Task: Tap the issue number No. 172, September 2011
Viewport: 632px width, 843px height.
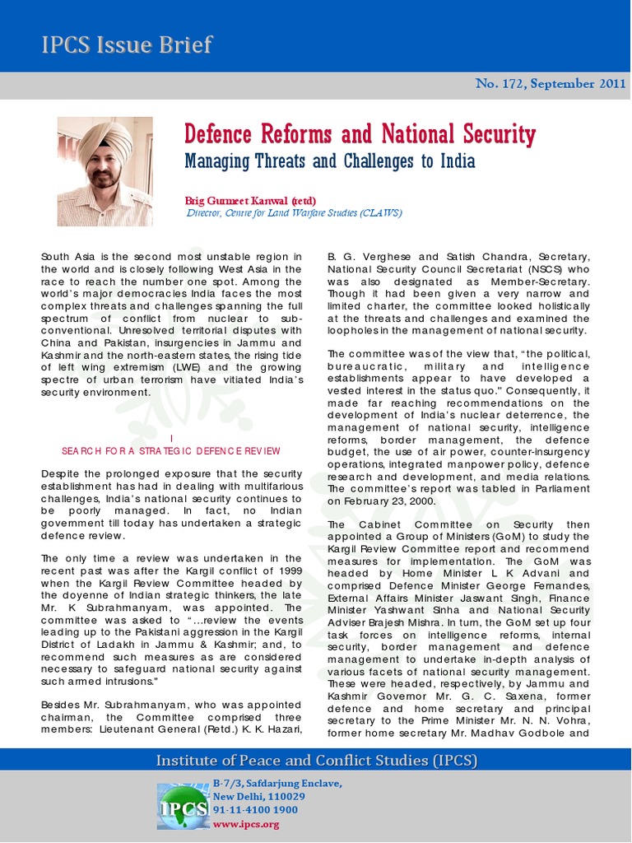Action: [551, 84]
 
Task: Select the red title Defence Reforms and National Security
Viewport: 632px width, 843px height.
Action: [360, 133]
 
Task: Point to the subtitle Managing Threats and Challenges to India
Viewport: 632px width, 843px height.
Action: [330, 160]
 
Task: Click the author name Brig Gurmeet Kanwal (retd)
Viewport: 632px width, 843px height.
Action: [250, 200]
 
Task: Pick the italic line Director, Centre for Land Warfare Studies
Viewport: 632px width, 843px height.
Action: [294, 212]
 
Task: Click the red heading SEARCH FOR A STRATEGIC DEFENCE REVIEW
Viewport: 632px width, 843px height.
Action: [171, 450]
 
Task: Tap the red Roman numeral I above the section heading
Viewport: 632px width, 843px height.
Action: [171, 438]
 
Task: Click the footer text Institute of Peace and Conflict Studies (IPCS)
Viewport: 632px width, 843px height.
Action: [317, 760]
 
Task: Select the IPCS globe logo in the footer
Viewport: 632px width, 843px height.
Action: [183, 804]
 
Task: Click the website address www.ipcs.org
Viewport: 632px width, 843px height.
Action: [246, 824]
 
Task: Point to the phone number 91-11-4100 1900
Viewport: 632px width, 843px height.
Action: [255, 810]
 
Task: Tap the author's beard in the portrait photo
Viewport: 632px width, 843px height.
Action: [103, 178]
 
